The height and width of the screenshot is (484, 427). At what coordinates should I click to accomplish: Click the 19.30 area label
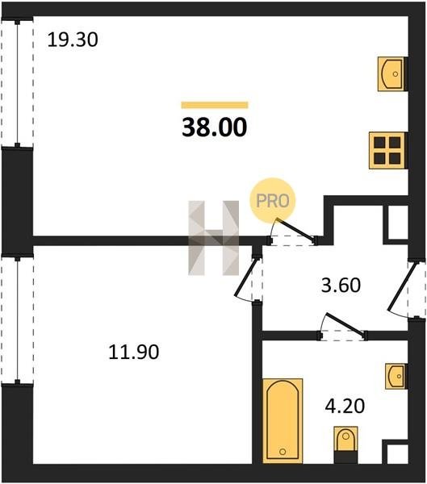tap(73, 40)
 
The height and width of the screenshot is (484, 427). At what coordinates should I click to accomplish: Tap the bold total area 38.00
tap(215, 127)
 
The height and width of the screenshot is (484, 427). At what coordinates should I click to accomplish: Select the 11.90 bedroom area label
tap(134, 352)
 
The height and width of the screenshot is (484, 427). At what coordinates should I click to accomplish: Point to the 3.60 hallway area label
tap(341, 286)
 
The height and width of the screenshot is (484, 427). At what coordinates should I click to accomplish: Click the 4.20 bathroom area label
tap(345, 406)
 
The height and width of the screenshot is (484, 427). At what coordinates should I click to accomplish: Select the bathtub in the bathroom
tap(283, 421)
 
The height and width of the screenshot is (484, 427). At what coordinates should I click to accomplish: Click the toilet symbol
tap(345, 444)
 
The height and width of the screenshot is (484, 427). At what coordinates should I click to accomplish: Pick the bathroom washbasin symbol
tap(396, 376)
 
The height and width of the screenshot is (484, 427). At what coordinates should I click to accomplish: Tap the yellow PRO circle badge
tap(273, 201)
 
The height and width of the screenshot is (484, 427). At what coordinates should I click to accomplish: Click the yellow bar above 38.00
tap(215, 105)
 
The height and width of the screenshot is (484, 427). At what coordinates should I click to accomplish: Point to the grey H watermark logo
tap(213, 238)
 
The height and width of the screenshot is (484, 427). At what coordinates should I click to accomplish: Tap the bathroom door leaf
tap(345, 324)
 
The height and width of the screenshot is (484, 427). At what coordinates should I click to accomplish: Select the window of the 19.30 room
tap(17, 84)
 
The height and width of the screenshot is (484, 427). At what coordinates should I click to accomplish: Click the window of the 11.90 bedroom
tap(17, 320)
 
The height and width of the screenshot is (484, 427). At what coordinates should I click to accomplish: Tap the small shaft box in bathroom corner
tap(396, 453)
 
